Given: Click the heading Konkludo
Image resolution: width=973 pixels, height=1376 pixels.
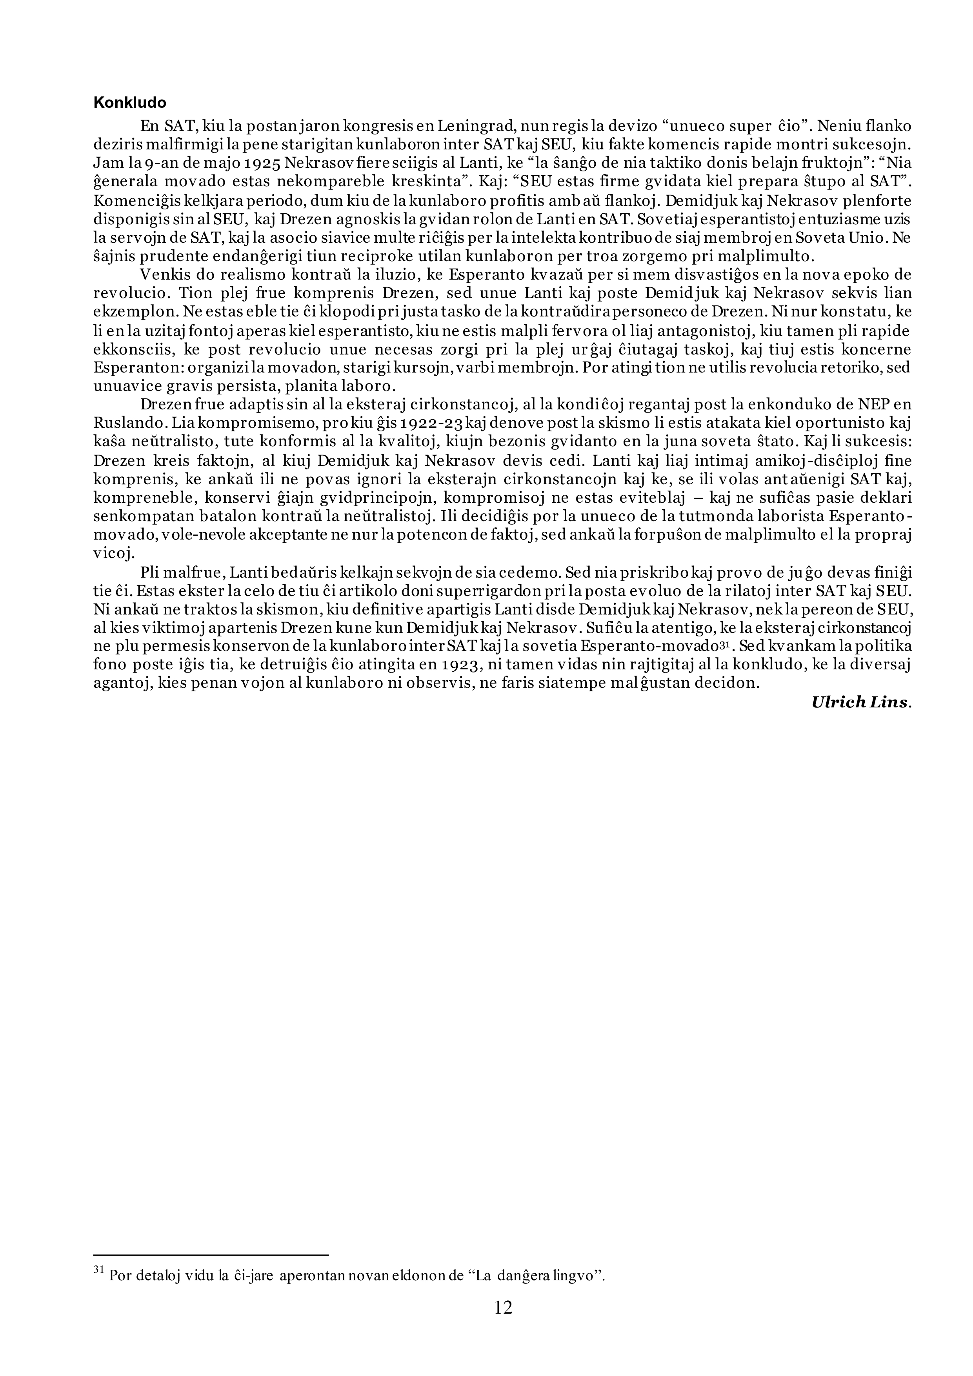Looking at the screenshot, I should point(129,103).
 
